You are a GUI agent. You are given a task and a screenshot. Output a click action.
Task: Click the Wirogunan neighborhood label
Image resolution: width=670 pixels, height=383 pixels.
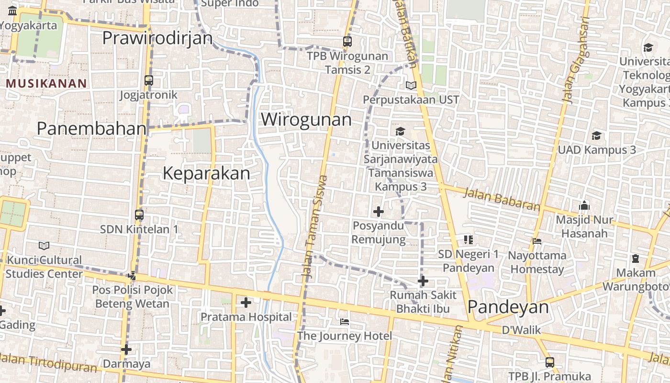[x=306, y=119]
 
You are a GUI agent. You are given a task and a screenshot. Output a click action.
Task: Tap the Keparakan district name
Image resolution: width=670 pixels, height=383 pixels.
[x=206, y=173]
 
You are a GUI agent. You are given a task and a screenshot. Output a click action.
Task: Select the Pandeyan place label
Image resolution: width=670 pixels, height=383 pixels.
[x=508, y=307]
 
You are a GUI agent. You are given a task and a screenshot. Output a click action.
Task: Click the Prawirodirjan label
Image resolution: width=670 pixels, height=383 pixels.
[x=157, y=38]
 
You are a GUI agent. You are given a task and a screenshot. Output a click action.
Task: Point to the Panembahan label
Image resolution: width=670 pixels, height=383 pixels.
[x=91, y=128]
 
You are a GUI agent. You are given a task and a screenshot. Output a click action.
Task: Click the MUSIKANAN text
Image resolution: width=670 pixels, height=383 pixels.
[x=46, y=84]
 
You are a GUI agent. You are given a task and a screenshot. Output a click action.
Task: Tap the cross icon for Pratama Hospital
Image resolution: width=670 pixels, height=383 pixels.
[x=246, y=303]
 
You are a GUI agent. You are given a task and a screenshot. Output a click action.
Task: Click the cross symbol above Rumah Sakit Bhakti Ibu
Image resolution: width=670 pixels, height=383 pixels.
[x=423, y=281]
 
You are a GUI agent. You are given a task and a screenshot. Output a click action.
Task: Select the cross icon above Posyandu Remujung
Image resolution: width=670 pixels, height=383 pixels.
[x=379, y=211]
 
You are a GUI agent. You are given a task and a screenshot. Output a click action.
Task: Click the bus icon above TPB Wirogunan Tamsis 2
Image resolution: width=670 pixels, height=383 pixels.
[x=347, y=42]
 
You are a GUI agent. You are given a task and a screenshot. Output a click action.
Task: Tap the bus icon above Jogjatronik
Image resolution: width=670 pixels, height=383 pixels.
[x=149, y=80]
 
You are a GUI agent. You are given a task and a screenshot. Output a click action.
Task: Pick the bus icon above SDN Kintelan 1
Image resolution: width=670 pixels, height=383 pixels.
[x=139, y=215]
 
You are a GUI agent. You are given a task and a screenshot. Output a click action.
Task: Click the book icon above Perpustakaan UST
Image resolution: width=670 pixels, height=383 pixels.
[x=411, y=86]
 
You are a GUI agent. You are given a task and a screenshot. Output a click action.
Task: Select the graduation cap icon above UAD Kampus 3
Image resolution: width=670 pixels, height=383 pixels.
[x=596, y=135]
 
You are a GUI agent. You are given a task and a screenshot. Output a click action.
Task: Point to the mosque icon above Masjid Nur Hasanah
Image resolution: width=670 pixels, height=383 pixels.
[x=584, y=206]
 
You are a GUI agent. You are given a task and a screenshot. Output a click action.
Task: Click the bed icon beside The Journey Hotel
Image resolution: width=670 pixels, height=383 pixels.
[x=344, y=321]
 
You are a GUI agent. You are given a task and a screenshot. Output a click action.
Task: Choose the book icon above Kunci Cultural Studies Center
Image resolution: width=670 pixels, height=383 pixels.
[x=44, y=246]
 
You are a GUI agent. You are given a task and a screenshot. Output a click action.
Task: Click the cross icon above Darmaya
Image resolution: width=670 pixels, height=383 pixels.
[x=126, y=349]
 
